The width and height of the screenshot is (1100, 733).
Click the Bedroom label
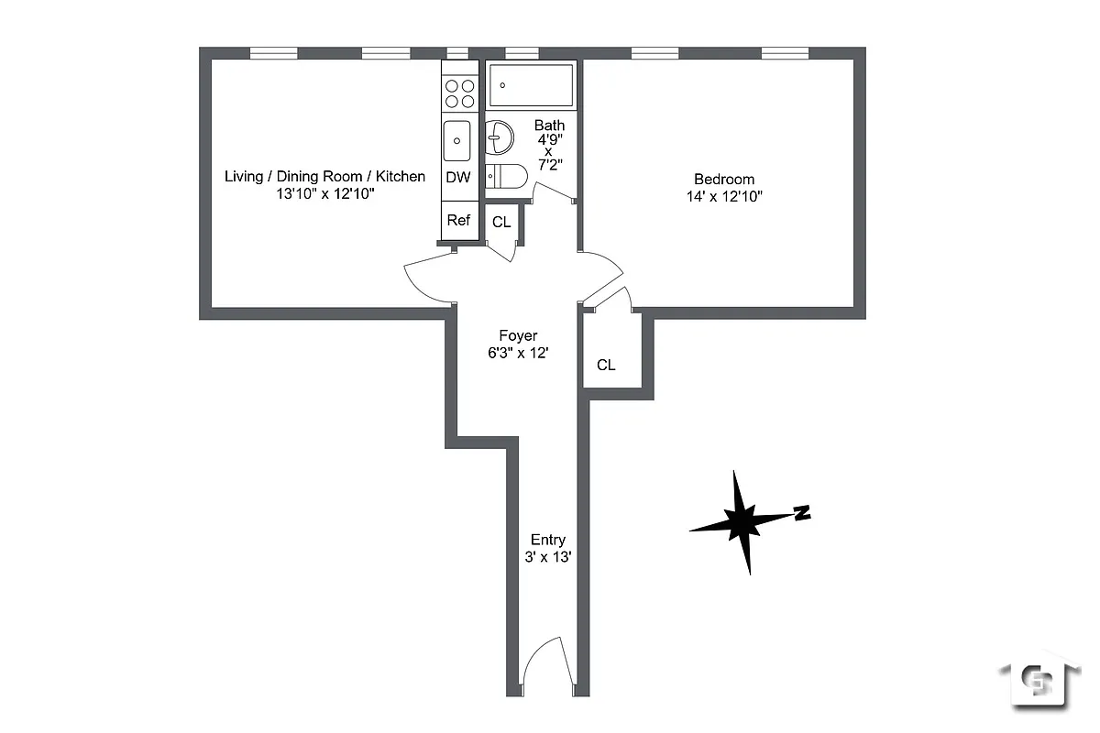point(723,180)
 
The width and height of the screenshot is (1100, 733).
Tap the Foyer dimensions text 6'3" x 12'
point(518,353)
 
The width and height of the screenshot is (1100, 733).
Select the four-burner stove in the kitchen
point(459,92)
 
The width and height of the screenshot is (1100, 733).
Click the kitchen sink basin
point(457,141)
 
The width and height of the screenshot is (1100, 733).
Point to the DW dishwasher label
point(458,178)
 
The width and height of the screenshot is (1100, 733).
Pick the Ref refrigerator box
point(458,220)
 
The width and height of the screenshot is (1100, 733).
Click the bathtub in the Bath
point(532,85)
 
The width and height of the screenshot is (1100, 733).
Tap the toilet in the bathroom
point(507,176)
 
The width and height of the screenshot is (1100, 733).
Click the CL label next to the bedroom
point(606,365)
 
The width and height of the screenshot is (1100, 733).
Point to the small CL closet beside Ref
point(501,223)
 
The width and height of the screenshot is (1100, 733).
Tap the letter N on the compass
point(802,513)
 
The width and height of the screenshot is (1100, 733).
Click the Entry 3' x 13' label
point(547,548)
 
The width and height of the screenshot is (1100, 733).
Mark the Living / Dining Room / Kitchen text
point(324,176)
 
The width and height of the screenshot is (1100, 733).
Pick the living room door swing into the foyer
point(427,278)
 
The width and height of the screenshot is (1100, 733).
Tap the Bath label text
point(549,126)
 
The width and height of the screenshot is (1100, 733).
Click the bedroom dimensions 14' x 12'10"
point(723,196)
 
